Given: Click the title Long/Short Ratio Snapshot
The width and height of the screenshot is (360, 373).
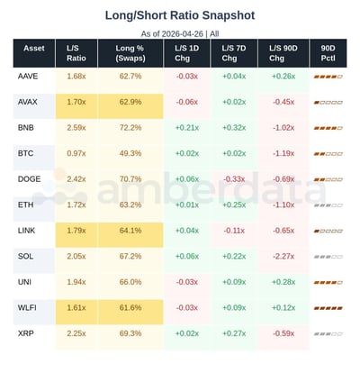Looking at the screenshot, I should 180,15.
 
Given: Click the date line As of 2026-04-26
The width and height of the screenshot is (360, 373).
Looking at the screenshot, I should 180,32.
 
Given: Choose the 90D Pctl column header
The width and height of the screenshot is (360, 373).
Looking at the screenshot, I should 327,52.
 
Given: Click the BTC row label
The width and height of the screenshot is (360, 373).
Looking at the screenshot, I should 27,153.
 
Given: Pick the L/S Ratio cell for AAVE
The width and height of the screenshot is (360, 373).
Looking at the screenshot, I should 76,76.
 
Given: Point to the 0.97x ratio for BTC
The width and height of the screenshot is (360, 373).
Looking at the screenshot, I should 76,153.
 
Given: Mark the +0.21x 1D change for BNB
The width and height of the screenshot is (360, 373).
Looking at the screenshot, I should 187,128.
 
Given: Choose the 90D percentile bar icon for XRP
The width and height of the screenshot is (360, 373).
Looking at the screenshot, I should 327,334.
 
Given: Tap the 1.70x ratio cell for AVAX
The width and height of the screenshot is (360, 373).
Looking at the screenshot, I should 76,102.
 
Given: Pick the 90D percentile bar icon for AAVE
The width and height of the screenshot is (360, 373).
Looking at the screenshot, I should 327,77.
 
